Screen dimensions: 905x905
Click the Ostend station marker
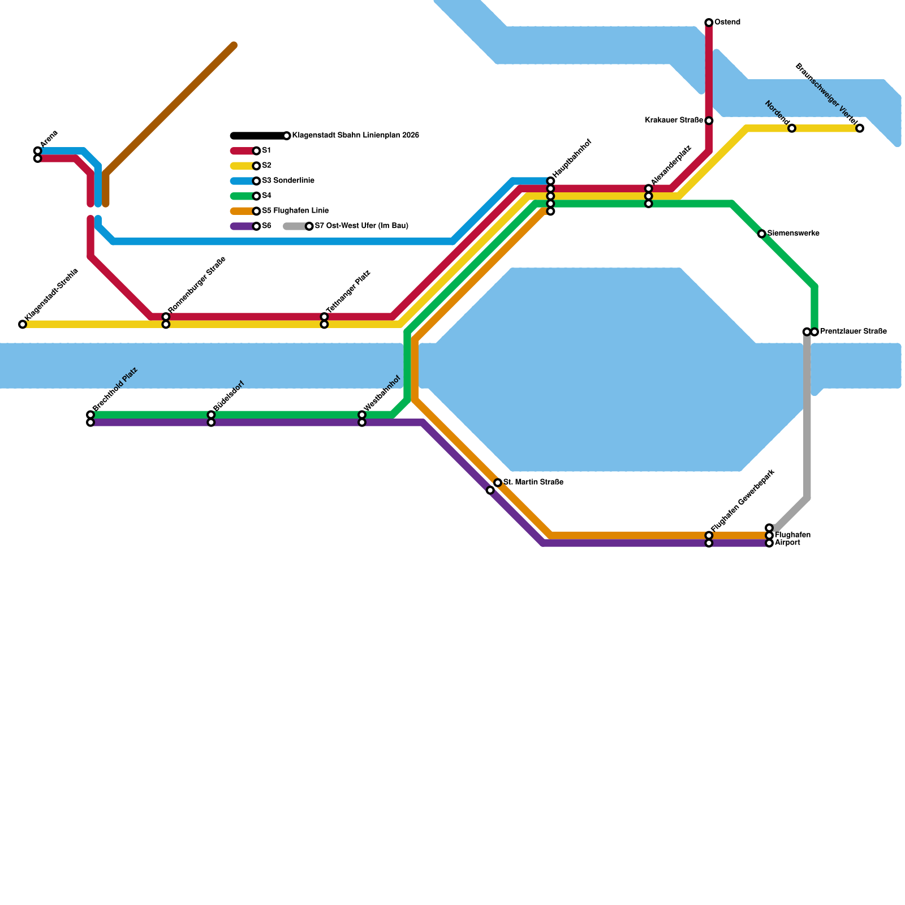click(709, 23)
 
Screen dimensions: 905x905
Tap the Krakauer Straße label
click(674, 120)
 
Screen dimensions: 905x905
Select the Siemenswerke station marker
click(762, 234)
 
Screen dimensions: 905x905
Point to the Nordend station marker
click(792, 128)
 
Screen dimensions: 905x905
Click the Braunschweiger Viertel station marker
click(860, 128)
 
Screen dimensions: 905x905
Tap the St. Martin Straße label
click(533, 482)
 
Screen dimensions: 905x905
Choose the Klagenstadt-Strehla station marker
click(23, 325)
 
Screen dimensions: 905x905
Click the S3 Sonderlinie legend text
click(288, 181)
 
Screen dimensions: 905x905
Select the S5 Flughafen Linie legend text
click(295, 211)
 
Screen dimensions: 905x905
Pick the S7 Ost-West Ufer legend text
click(361, 226)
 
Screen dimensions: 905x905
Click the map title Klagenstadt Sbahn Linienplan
click(355, 136)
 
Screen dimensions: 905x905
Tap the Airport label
click(787, 543)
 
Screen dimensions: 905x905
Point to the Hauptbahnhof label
click(572, 159)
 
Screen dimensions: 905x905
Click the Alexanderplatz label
click(671, 165)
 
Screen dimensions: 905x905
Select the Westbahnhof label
click(382, 393)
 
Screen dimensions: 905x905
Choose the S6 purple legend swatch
click(243, 226)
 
